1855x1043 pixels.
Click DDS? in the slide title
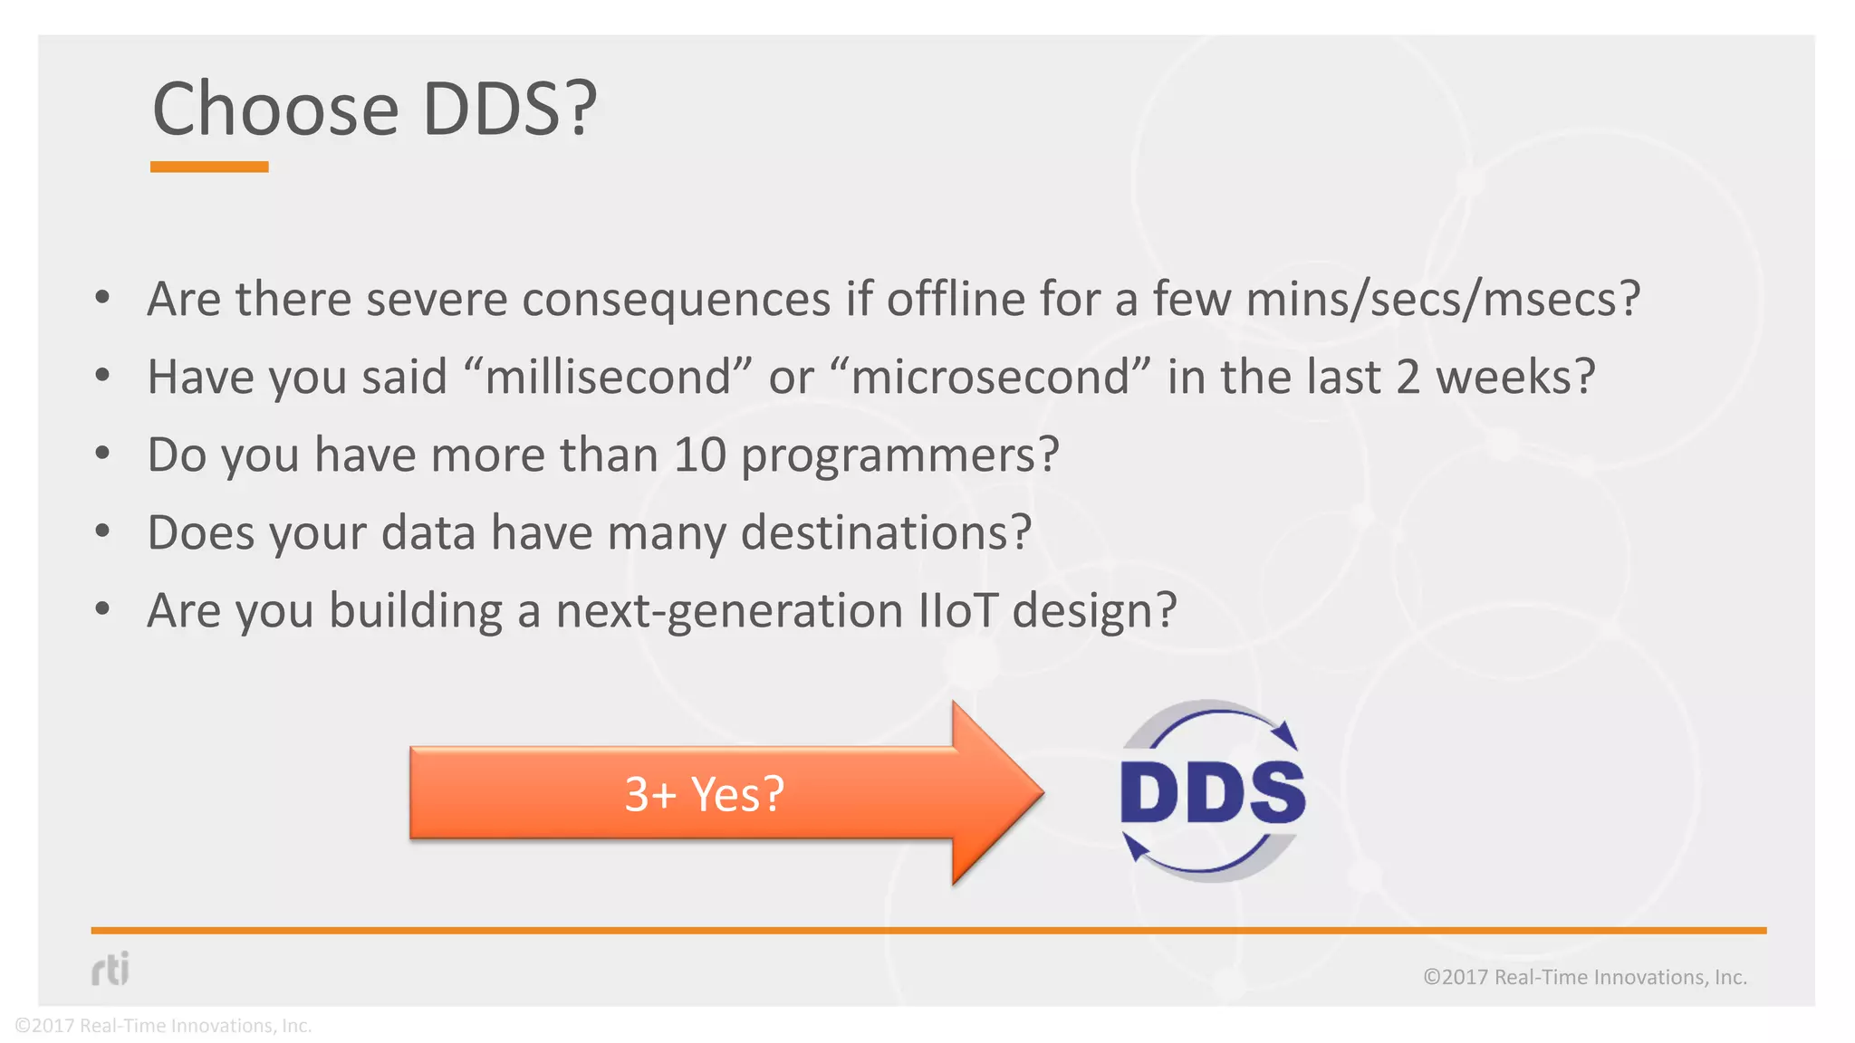click(x=510, y=109)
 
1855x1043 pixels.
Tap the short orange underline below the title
click(x=209, y=167)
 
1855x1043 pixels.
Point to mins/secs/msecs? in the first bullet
click(x=1443, y=300)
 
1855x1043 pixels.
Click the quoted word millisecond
click(x=608, y=377)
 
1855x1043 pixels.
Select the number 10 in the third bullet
click(x=700, y=455)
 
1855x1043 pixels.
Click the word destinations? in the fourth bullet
click(x=886, y=532)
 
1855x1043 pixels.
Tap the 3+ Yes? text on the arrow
click(x=704, y=794)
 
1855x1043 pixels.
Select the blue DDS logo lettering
click(x=1212, y=793)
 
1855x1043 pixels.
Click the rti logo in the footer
click(x=111, y=969)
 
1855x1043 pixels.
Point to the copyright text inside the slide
click(x=1584, y=977)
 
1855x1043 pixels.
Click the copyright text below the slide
click(x=163, y=1026)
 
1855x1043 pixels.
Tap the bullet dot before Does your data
click(x=102, y=531)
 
